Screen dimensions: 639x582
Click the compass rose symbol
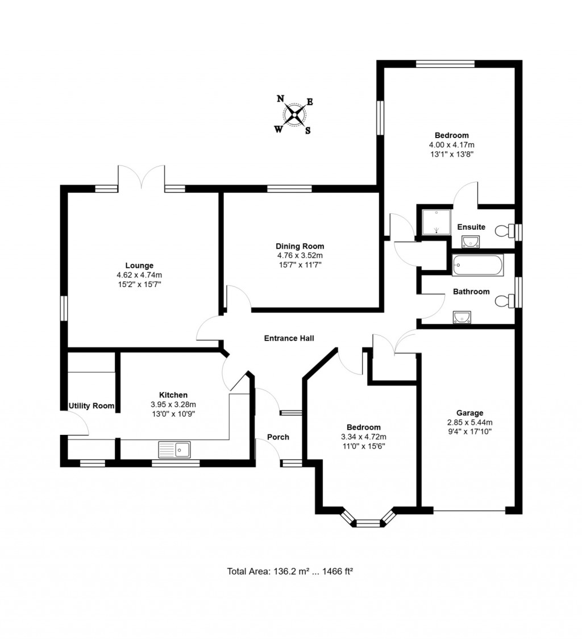[295, 116]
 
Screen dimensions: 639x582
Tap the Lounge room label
[139, 265]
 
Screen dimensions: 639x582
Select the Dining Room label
[300, 246]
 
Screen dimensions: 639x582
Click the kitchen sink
[176, 450]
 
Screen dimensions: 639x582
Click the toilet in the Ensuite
[502, 231]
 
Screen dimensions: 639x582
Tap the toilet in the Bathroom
[502, 301]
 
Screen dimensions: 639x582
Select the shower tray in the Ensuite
[435, 222]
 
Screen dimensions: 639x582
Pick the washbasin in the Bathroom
[462, 317]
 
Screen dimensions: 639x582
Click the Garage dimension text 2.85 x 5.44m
[469, 422]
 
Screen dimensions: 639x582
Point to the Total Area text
[290, 572]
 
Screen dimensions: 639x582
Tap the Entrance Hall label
[289, 338]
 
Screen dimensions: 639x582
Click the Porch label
[278, 437]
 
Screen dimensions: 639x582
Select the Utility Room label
[91, 406]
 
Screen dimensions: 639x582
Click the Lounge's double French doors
[142, 178]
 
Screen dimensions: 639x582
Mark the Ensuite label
[471, 227]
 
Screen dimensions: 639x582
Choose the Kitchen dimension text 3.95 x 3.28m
[173, 404]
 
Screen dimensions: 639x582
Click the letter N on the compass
[280, 99]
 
